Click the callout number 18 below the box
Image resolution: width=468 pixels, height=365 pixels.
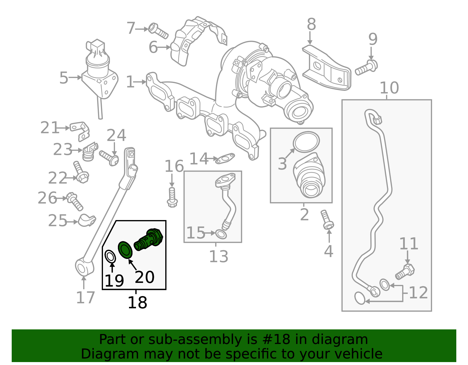pos(137,302)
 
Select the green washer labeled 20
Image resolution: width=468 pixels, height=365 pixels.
pos(125,250)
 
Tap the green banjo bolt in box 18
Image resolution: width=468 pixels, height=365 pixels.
pos(149,239)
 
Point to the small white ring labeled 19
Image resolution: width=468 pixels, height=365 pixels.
pos(110,257)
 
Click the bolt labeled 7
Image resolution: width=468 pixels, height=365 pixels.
pos(158,31)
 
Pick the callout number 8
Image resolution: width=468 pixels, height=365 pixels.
pos(311,24)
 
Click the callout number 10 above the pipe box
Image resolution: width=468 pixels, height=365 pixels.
pos(389,88)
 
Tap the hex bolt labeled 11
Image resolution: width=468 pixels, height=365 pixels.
pos(405,271)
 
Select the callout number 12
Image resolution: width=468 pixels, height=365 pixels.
pos(419,293)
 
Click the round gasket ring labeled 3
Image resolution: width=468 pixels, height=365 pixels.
pos(306,142)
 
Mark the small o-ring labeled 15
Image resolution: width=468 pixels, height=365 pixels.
pos(221,234)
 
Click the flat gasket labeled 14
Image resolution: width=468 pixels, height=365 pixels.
pos(225,159)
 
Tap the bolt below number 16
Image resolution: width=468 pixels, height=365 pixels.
pos(172,198)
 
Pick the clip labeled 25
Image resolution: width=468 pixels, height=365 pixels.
pos(87,220)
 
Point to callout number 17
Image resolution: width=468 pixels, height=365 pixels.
pos(85,297)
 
